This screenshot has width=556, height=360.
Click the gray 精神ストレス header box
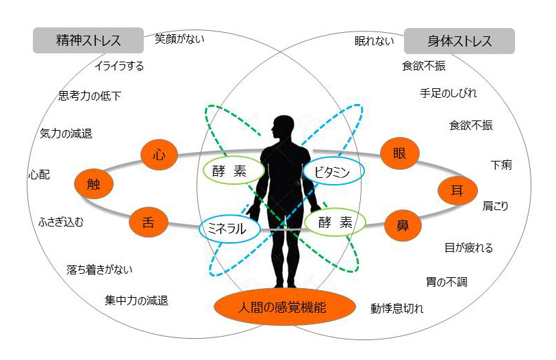click(x=88, y=40)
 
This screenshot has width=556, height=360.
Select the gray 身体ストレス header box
click(x=459, y=41)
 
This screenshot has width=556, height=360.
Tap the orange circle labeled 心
click(x=159, y=155)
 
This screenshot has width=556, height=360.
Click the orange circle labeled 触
click(x=94, y=184)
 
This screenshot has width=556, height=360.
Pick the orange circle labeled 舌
click(x=148, y=222)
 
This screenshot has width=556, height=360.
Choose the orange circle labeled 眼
click(x=400, y=153)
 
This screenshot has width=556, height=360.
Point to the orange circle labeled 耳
click(x=457, y=191)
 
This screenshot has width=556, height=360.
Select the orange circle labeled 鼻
click(x=403, y=226)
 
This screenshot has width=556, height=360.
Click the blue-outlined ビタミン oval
click(x=333, y=172)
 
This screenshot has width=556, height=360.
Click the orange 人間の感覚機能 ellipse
click(x=284, y=307)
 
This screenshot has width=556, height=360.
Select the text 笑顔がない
click(x=179, y=38)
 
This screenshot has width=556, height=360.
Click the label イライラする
click(x=119, y=66)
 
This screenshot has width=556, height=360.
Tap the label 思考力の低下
click(x=90, y=96)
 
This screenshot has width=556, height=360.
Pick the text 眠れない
click(x=374, y=41)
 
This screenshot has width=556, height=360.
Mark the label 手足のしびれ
click(x=448, y=93)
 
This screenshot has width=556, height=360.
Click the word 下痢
click(x=501, y=165)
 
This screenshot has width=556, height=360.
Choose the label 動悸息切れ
click(x=396, y=308)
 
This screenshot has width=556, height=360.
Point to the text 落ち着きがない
click(x=99, y=270)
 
